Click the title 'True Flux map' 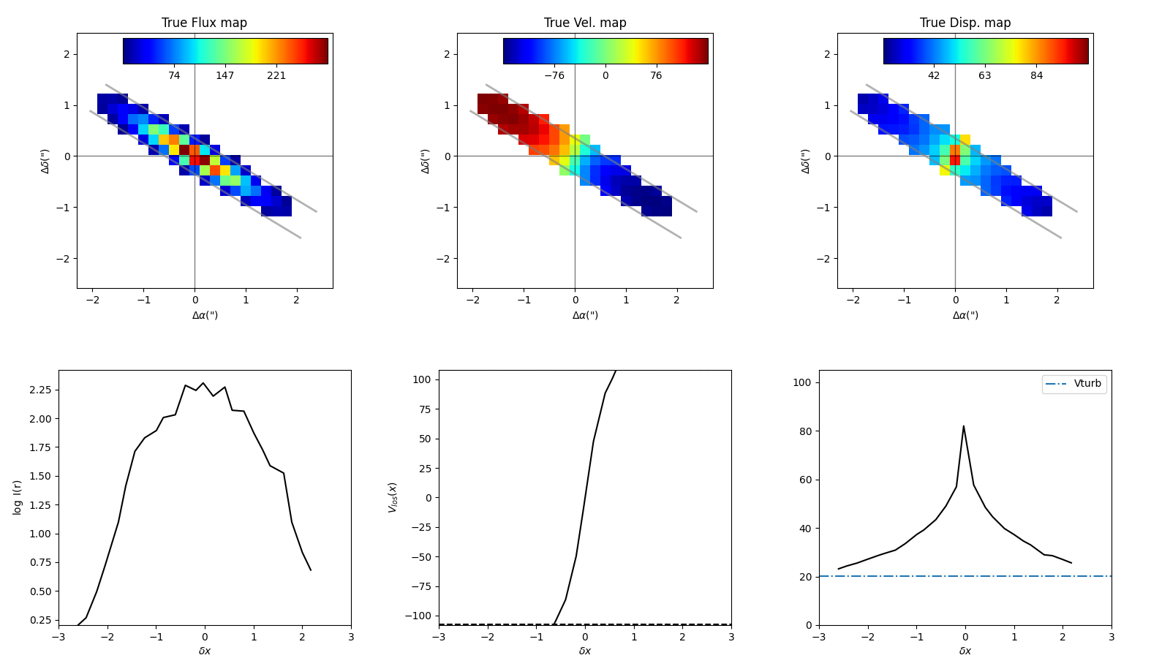pos(204,23)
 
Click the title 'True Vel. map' pos(585,23)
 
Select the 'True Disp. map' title pos(965,23)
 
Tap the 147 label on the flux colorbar pos(225,76)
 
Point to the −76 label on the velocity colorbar pos(554,76)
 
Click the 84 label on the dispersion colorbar pos(1036,76)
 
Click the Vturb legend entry pos(1087,384)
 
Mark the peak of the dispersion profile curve pos(963,426)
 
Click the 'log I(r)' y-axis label pos(18,497)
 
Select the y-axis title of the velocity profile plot pos(393,497)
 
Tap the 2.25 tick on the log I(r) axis pos(41,390)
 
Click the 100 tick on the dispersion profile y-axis pos(802,382)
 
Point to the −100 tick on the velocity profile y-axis pos(419,616)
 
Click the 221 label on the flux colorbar pos(276,76)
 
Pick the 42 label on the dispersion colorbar pos(934,76)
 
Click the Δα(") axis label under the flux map pos(205,315)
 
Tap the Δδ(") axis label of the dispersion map pos(806,161)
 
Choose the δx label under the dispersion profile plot pos(965,651)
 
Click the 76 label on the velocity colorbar pos(656,76)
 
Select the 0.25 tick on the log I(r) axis pos(41,620)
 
